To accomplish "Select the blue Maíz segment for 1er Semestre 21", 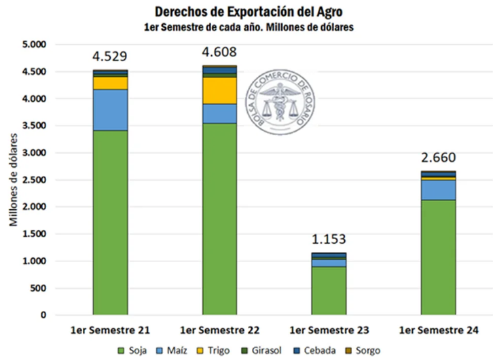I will coord(111,109).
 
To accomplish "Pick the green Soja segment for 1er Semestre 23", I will coord(329,291).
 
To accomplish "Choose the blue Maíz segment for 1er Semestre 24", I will coord(438,190).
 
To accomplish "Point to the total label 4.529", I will coord(111,56).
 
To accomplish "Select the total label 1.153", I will coord(329,239).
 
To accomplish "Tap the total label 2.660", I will coord(438,157).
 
